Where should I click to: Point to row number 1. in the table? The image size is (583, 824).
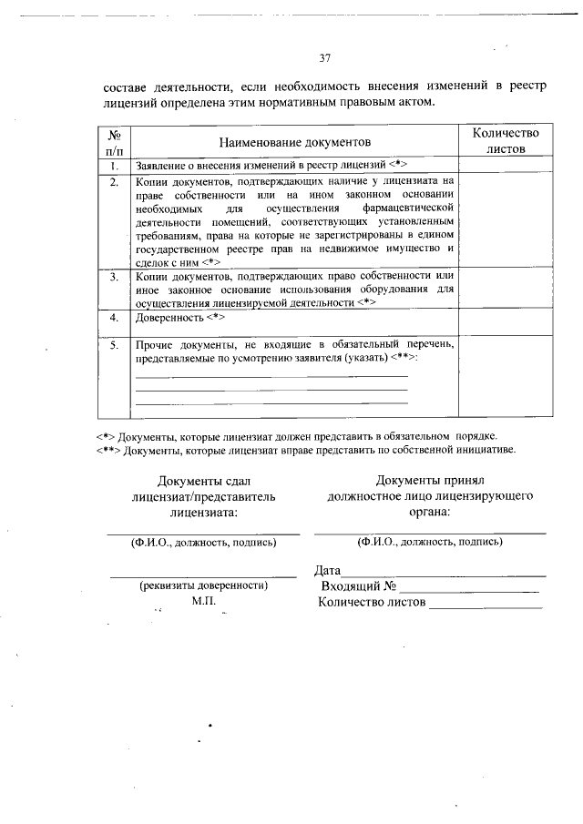114,167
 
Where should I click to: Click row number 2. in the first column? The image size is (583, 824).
114,182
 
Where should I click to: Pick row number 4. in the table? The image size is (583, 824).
114,319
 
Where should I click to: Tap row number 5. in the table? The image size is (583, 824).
114,346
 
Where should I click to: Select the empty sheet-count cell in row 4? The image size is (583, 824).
505,322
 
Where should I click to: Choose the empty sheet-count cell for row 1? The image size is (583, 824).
505,167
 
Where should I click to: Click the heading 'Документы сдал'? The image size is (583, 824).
203,482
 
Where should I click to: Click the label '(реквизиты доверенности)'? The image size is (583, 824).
203,585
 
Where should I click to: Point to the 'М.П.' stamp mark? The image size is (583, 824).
202,601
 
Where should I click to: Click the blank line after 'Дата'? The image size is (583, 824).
444,572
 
